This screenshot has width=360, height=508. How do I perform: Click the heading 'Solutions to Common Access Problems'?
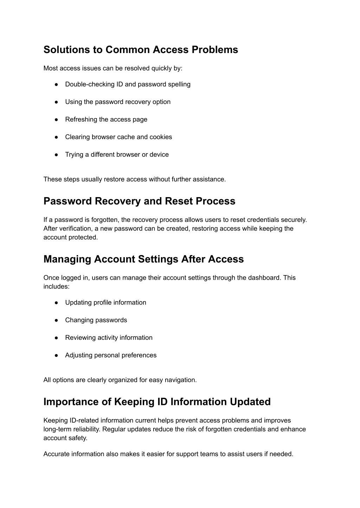(x=141, y=50)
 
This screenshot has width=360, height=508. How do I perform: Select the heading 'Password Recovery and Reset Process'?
(x=139, y=201)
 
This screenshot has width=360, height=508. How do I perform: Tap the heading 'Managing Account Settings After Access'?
(x=143, y=259)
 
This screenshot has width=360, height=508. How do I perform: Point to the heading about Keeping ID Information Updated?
(x=157, y=402)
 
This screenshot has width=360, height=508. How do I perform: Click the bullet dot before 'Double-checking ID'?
(x=56, y=84)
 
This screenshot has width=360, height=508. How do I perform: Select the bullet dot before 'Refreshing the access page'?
(x=56, y=119)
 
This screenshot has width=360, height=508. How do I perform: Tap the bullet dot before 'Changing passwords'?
(x=56, y=320)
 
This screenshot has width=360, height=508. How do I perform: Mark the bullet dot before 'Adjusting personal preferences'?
(x=56, y=355)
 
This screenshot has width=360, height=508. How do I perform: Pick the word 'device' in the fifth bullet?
(x=159, y=155)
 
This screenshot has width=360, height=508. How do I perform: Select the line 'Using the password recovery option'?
(x=118, y=102)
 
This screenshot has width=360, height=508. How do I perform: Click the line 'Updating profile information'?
(x=105, y=302)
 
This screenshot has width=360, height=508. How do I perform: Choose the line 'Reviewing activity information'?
(x=109, y=338)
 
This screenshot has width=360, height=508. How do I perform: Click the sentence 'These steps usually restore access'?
(x=135, y=179)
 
